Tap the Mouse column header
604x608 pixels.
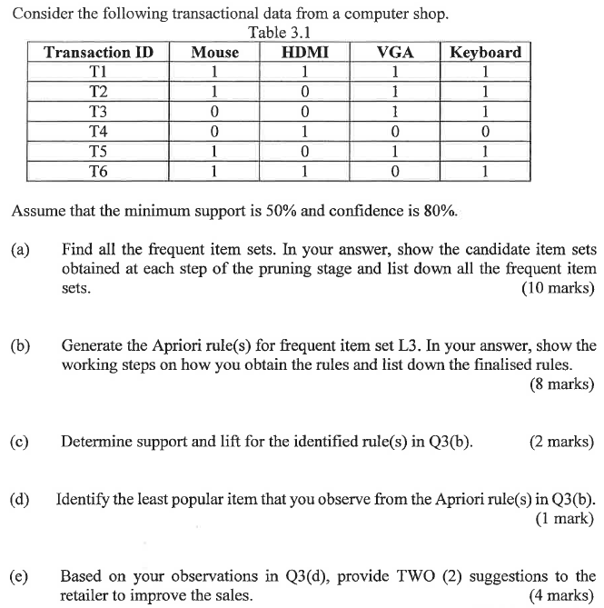pyautogui.click(x=214, y=53)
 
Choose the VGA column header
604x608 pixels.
pyautogui.click(x=395, y=53)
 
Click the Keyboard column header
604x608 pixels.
pyautogui.click(x=486, y=53)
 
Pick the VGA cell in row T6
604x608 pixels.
pyautogui.click(x=395, y=171)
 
